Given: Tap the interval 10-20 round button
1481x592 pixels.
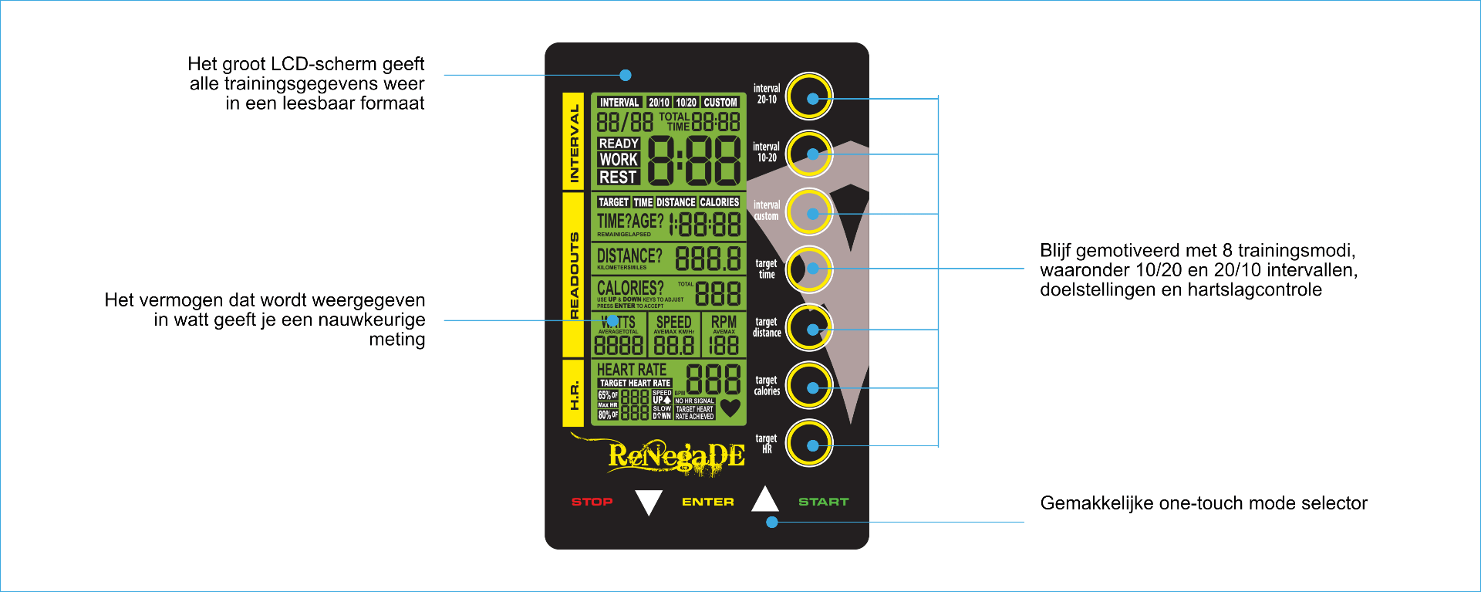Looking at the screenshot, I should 809,154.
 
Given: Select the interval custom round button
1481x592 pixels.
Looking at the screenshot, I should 809,212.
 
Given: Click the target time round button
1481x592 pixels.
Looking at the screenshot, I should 809,269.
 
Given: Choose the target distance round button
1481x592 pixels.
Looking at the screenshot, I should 809,328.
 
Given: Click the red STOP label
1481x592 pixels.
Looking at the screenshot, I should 592,502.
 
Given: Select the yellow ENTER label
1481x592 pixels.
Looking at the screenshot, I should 707,502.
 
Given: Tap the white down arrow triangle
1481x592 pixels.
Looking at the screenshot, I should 649,502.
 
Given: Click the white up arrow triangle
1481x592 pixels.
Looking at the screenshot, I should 764,499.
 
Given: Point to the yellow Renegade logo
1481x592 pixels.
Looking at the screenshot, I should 676,456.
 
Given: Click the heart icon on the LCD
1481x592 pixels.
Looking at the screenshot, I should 730,408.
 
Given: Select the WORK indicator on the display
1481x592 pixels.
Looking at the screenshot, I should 619,160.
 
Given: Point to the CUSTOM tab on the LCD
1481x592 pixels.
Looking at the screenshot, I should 720,103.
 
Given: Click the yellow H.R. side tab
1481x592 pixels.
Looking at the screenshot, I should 573,394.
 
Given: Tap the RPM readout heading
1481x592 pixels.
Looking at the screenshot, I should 724,321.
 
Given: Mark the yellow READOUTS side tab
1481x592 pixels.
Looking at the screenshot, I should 573,275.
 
